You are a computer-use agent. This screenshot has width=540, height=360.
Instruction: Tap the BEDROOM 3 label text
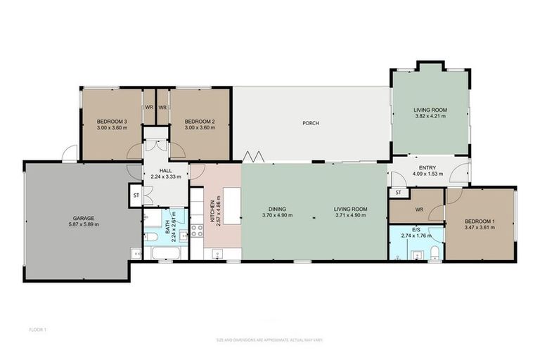pos(111,122)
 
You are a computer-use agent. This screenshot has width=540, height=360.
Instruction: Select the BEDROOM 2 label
pos(199,122)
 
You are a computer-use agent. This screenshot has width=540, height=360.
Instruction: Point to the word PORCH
pos(311,123)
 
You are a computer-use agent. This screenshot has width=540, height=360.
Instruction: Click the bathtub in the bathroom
pos(166,252)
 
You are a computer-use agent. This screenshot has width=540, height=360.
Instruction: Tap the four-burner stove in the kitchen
pos(197,229)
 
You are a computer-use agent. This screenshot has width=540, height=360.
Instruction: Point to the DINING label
pos(276,208)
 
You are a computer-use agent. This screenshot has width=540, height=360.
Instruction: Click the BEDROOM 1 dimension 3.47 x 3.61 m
pos(480,228)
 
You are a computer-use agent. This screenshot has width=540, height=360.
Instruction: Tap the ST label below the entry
pos(399,193)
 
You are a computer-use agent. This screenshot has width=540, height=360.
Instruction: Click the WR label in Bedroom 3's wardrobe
pos(149,108)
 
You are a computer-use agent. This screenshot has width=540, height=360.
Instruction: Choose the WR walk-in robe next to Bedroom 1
pos(418,209)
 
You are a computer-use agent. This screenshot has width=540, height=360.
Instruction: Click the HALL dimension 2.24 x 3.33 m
pos(165,176)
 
